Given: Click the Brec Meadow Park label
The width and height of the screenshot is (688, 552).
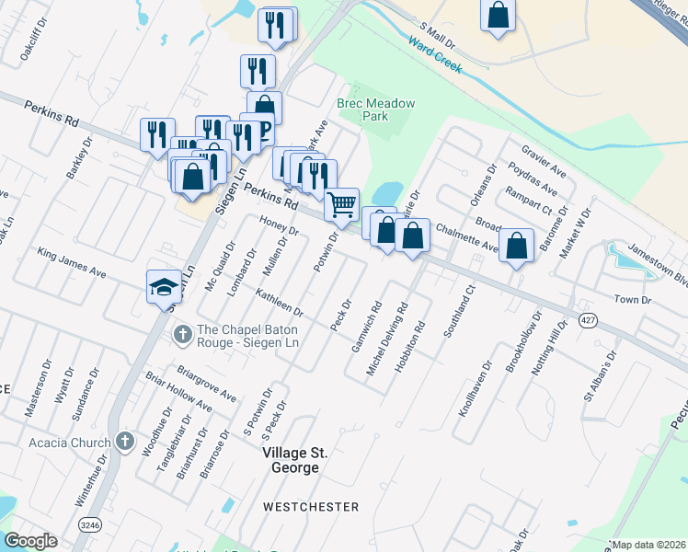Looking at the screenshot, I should tap(375, 110).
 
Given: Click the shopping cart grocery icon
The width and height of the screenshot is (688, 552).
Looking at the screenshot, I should tap(341, 203).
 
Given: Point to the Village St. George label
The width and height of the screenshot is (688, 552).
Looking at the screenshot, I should tap(291, 461).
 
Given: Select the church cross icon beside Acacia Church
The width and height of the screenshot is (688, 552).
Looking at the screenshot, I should tap(125, 443).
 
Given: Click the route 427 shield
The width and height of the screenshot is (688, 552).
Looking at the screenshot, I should tap(586, 319).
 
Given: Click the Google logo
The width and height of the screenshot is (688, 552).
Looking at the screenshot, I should tap(30, 541).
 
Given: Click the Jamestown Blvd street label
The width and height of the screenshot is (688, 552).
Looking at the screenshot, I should tap(657, 263).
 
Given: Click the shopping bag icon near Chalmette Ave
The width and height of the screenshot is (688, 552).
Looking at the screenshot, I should tap(518, 245).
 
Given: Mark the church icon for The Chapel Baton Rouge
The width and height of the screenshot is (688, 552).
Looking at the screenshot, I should tap(183, 332).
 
